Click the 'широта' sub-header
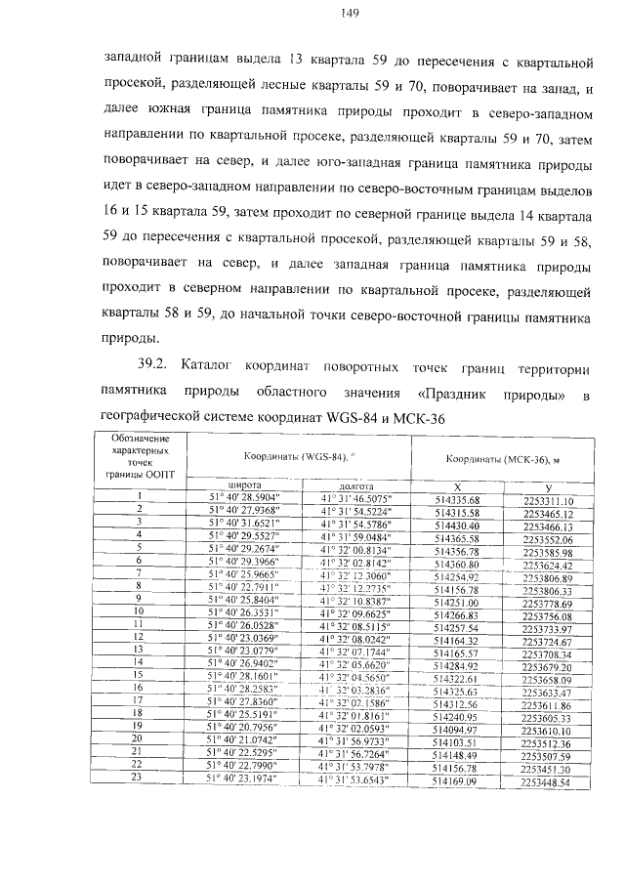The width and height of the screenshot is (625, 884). point(244,484)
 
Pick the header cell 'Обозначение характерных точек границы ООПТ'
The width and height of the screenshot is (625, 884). point(141,454)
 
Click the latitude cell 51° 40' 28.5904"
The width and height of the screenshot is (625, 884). point(246,498)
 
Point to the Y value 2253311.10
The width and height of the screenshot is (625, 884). point(547,499)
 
